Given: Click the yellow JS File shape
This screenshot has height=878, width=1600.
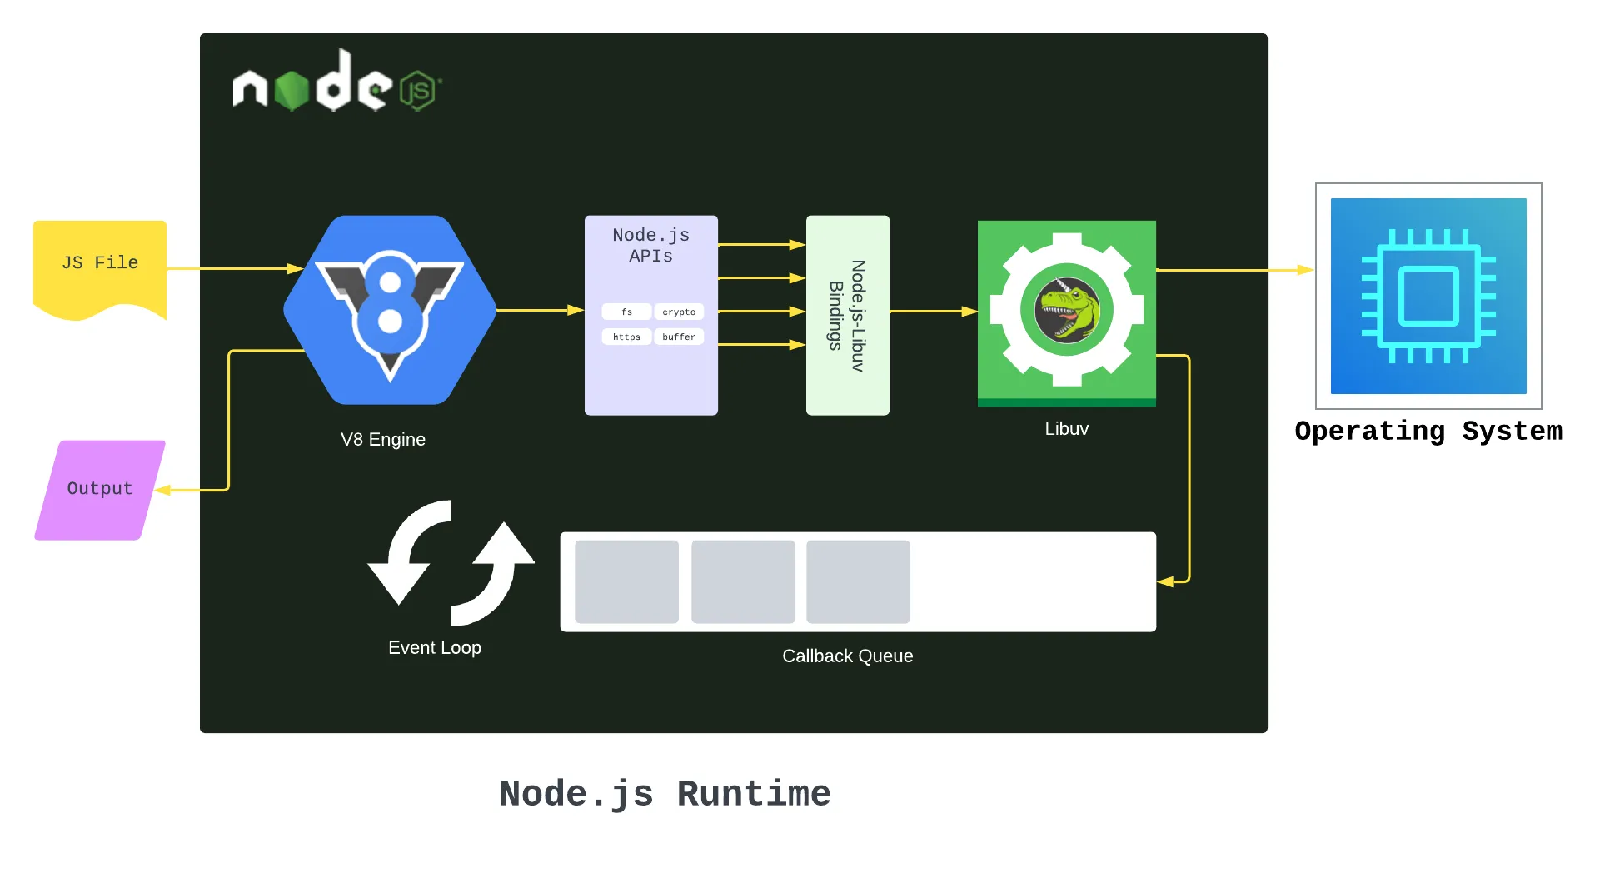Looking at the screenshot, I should pyautogui.click(x=100, y=265).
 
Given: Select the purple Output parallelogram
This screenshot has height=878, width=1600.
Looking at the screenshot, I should pyautogui.click(x=100, y=490).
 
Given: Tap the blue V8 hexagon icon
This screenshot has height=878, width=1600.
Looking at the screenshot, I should pyautogui.click(x=390, y=310).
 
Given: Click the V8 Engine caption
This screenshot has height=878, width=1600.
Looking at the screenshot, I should pyautogui.click(x=382, y=439).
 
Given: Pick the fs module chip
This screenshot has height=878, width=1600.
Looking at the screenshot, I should pyautogui.click(x=626, y=312).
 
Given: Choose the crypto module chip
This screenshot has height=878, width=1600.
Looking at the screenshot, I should pyautogui.click(x=679, y=312).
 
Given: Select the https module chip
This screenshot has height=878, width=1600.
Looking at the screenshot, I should pyautogui.click(x=626, y=337).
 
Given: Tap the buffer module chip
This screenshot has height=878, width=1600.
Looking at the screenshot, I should pyautogui.click(x=679, y=337).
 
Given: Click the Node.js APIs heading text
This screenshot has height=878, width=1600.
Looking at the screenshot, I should pyautogui.click(x=650, y=246).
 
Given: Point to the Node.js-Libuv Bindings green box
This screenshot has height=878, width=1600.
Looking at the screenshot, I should pyautogui.click(x=847, y=315).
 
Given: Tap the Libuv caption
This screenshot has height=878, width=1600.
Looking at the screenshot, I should pyautogui.click(x=1066, y=428).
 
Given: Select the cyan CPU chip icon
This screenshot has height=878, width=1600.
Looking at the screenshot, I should pyautogui.click(x=1428, y=296).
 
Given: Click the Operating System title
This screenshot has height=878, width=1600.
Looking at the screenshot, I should pyautogui.click(x=1428, y=431).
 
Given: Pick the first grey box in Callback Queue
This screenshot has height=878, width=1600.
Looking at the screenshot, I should pyautogui.click(x=626, y=581).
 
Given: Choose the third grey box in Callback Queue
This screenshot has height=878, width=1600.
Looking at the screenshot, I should pyautogui.click(x=858, y=581).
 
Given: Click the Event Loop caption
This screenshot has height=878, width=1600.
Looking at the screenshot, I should pyautogui.click(x=434, y=647).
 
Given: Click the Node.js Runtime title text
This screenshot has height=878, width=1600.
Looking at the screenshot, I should pyautogui.click(x=665, y=793).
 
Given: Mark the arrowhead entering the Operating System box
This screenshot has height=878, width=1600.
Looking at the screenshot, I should pyautogui.click(x=1306, y=270).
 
